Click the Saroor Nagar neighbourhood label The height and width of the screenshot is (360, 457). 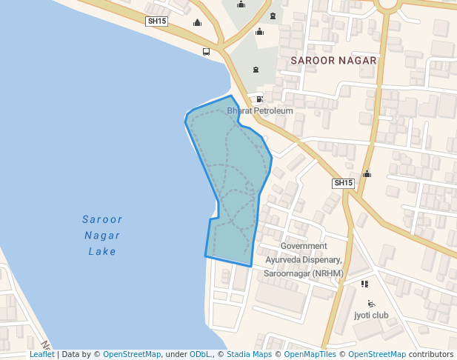click(x=334, y=60)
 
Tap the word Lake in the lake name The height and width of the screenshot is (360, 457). click(x=102, y=251)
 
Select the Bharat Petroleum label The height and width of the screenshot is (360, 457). click(x=260, y=111)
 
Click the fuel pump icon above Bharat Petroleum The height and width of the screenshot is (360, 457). click(x=259, y=99)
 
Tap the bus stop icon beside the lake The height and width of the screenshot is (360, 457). click(x=206, y=52)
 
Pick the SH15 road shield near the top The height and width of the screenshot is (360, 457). click(x=157, y=21)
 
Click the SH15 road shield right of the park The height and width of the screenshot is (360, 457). click(x=343, y=183)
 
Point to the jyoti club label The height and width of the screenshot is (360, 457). click(x=371, y=315)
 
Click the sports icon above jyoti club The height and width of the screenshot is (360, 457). click(x=371, y=303)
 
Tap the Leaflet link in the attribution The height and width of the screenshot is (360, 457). click(x=41, y=354)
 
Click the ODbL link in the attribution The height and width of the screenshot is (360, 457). click(x=200, y=354)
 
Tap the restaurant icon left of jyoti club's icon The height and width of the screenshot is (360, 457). click(x=364, y=283)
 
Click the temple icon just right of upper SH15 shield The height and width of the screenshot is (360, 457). click(x=197, y=22)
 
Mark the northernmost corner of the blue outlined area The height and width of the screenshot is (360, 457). click(x=231, y=96)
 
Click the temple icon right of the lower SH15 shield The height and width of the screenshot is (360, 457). click(x=367, y=174)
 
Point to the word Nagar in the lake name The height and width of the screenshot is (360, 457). click(x=102, y=236)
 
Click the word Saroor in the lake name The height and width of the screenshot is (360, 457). click(x=102, y=219)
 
